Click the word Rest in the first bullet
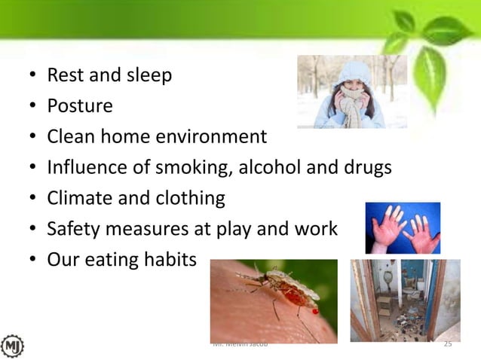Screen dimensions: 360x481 tap(65, 76)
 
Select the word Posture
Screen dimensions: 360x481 tap(80, 106)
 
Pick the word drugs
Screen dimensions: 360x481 tap(368, 168)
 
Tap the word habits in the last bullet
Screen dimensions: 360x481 tap(168, 260)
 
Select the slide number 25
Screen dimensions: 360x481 tap(448, 344)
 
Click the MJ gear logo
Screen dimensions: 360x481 tap(13, 346)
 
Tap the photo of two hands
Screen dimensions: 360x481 tap(403, 227)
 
